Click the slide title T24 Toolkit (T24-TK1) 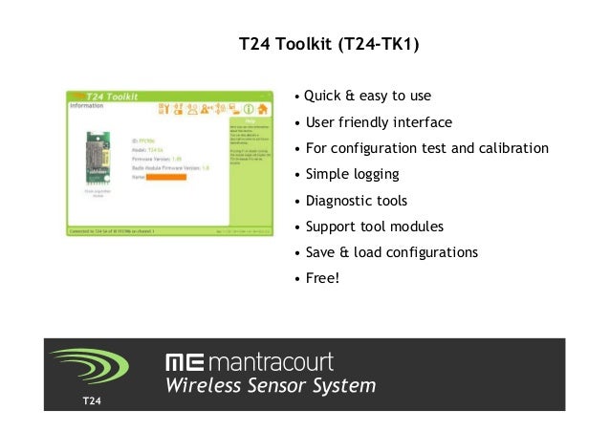[328, 45]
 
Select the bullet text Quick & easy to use [367, 97]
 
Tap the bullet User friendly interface [378, 122]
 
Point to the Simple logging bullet [352, 175]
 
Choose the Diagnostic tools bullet [356, 201]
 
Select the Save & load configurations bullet [391, 253]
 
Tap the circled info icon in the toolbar [248, 109]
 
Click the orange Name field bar [165, 178]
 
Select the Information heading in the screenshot [87, 107]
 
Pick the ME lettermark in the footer [184, 363]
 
